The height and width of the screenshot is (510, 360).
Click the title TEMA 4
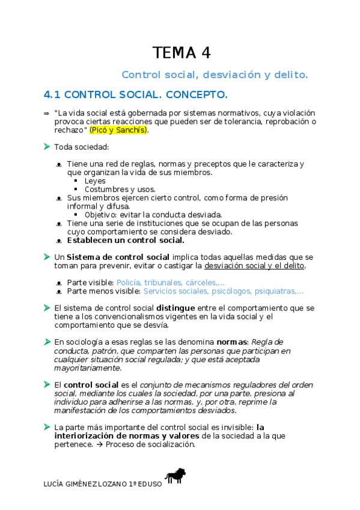(181, 52)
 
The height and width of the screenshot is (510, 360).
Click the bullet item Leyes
(95, 180)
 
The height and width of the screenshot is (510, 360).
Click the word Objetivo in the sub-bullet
(100, 214)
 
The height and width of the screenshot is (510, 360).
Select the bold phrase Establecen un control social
(126, 240)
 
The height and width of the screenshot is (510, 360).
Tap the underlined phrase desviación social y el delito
(254, 265)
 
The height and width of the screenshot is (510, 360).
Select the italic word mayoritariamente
(87, 367)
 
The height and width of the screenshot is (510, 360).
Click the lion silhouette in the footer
(175, 476)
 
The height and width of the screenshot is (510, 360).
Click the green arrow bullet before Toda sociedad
(47, 146)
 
